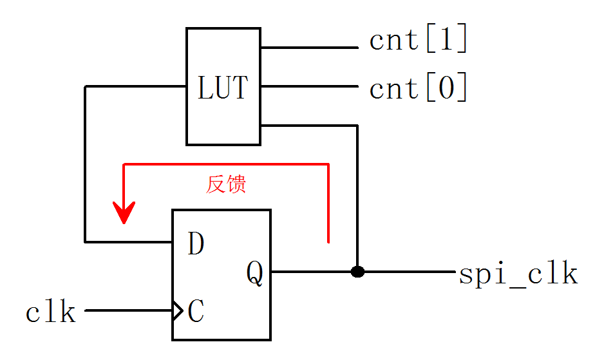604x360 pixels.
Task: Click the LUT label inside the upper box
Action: tap(222, 88)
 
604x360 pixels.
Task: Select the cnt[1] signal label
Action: tap(418, 41)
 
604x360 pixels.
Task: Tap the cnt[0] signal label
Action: tap(418, 88)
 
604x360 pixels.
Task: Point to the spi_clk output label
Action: tap(518, 274)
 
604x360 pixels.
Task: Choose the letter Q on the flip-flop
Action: tap(255, 274)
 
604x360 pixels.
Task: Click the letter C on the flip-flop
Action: tap(196, 312)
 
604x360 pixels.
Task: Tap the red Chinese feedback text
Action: tap(226, 185)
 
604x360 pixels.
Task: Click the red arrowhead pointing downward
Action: tap(124, 213)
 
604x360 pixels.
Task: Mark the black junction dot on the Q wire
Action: tap(357, 272)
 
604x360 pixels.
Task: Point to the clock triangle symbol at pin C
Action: tap(178, 311)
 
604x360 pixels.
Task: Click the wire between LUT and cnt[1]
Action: tap(309, 48)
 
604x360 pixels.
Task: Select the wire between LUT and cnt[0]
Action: tap(309, 87)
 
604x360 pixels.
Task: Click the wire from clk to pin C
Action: tap(129, 311)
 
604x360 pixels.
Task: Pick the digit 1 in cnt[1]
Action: tap(444, 41)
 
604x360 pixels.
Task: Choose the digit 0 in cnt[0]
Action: tap(444, 88)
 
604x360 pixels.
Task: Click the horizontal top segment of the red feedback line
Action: tap(225, 165)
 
